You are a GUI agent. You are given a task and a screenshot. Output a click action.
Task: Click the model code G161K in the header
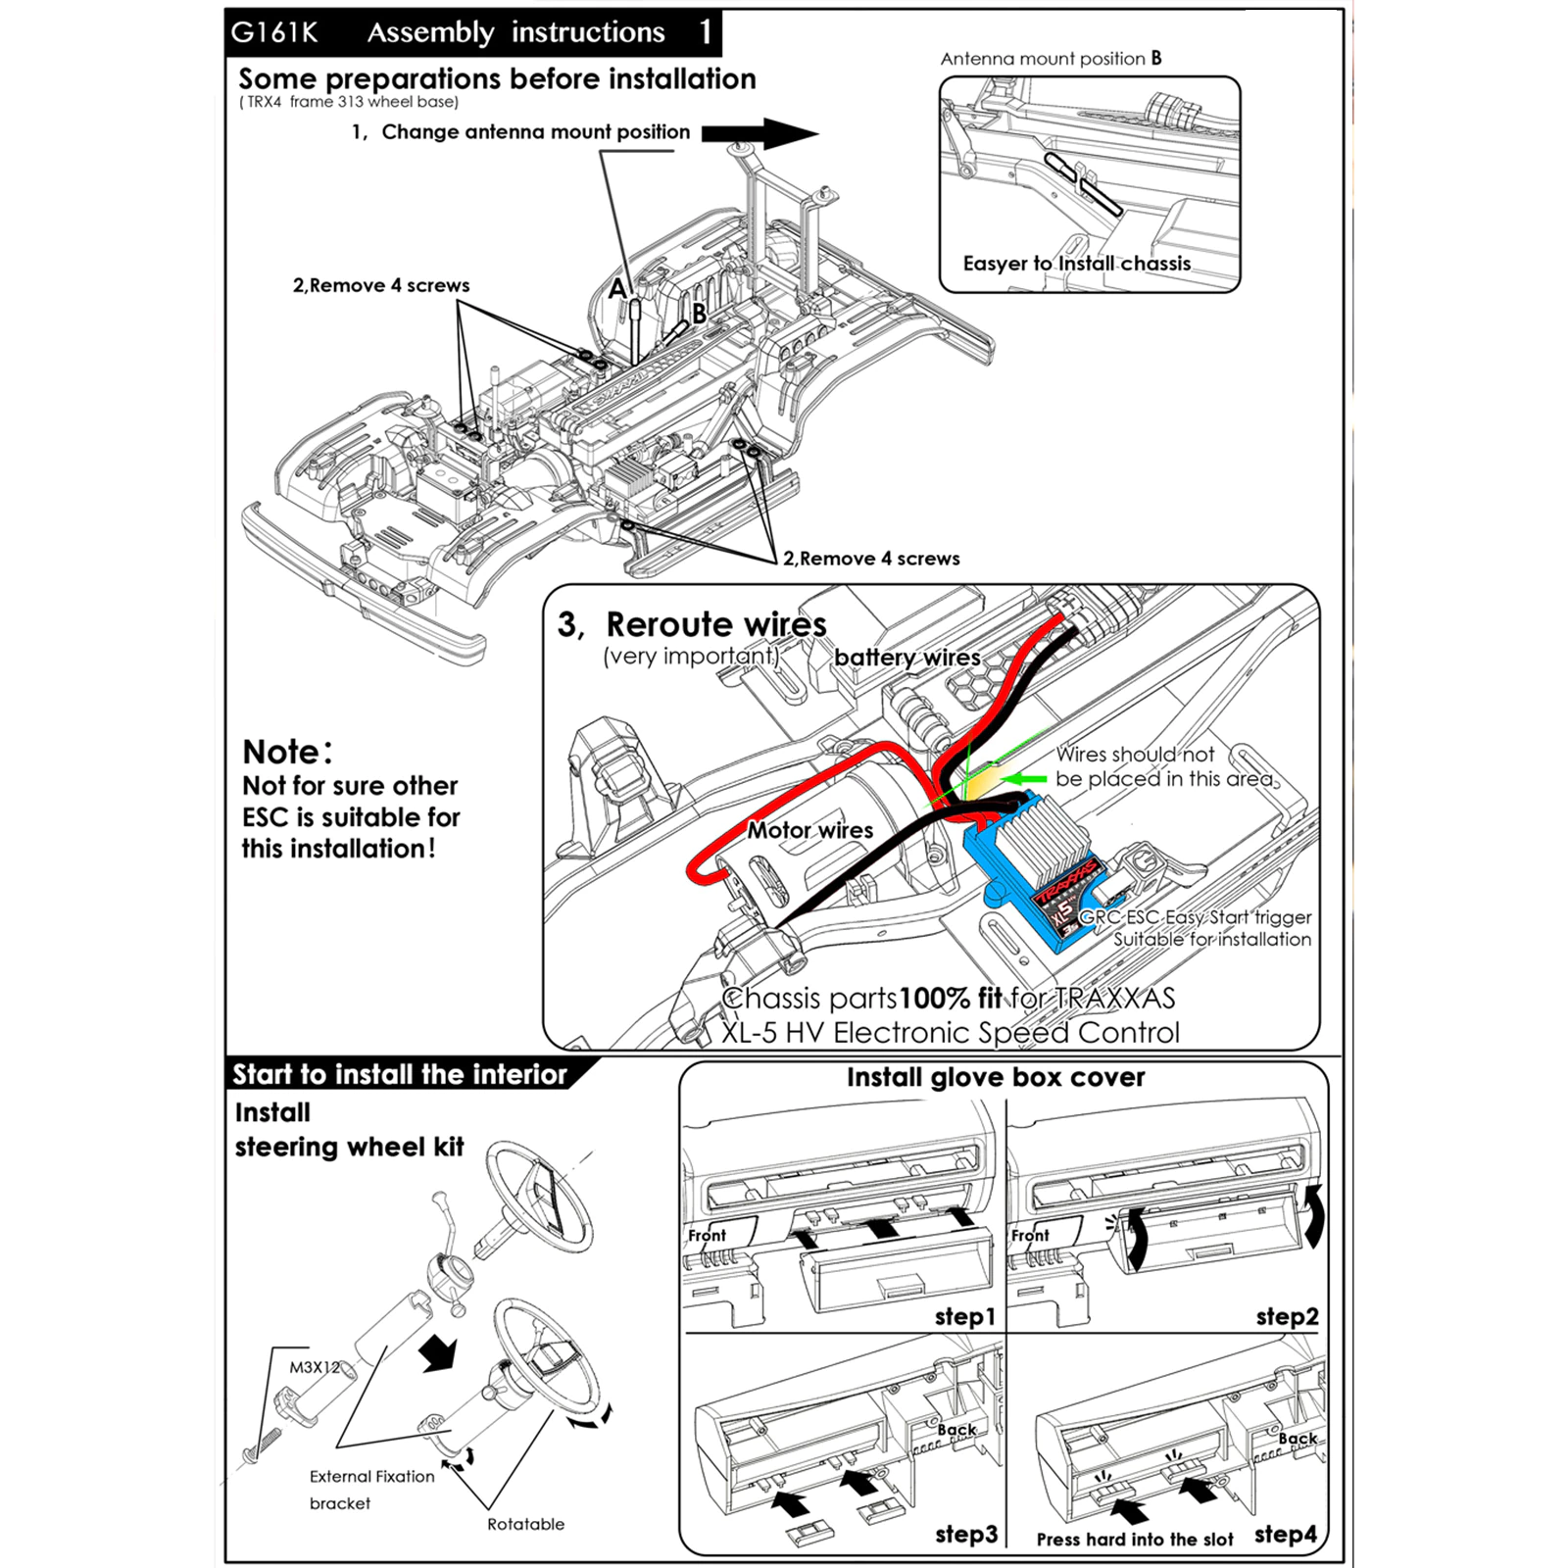coord(274,33)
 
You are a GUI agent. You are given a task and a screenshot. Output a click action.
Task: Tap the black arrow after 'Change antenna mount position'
coord(759,133)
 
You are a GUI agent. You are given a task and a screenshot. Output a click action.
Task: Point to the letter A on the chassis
coord(617,289)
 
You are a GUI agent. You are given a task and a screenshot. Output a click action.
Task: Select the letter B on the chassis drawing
coord(699,314)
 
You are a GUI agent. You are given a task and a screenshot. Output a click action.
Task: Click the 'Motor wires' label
coord(809,831)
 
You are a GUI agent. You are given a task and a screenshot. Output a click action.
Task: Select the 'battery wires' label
coord(906,658)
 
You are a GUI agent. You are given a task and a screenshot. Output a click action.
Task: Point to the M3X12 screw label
coord(314,1367)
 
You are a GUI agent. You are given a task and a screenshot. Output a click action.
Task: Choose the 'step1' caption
coord(964,1317)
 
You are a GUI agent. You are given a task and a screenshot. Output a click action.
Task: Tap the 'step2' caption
coord(1287,1317)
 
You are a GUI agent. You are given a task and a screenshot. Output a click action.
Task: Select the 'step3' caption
coord(965,1535)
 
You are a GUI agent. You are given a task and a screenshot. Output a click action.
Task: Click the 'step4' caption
coord(1286,1535)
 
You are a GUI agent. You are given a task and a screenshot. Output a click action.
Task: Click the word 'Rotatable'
coord(525,1524)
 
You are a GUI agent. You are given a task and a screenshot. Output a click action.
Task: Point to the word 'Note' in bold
coord(281,752)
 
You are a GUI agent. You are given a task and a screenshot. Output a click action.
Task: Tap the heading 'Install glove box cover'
coord(996,1078)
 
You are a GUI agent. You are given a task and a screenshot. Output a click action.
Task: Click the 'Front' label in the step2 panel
coord(1030,1236)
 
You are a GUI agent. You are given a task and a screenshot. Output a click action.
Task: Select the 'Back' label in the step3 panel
coord(956,1430)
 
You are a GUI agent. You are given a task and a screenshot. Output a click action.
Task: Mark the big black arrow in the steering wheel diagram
coord(438,1354)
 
